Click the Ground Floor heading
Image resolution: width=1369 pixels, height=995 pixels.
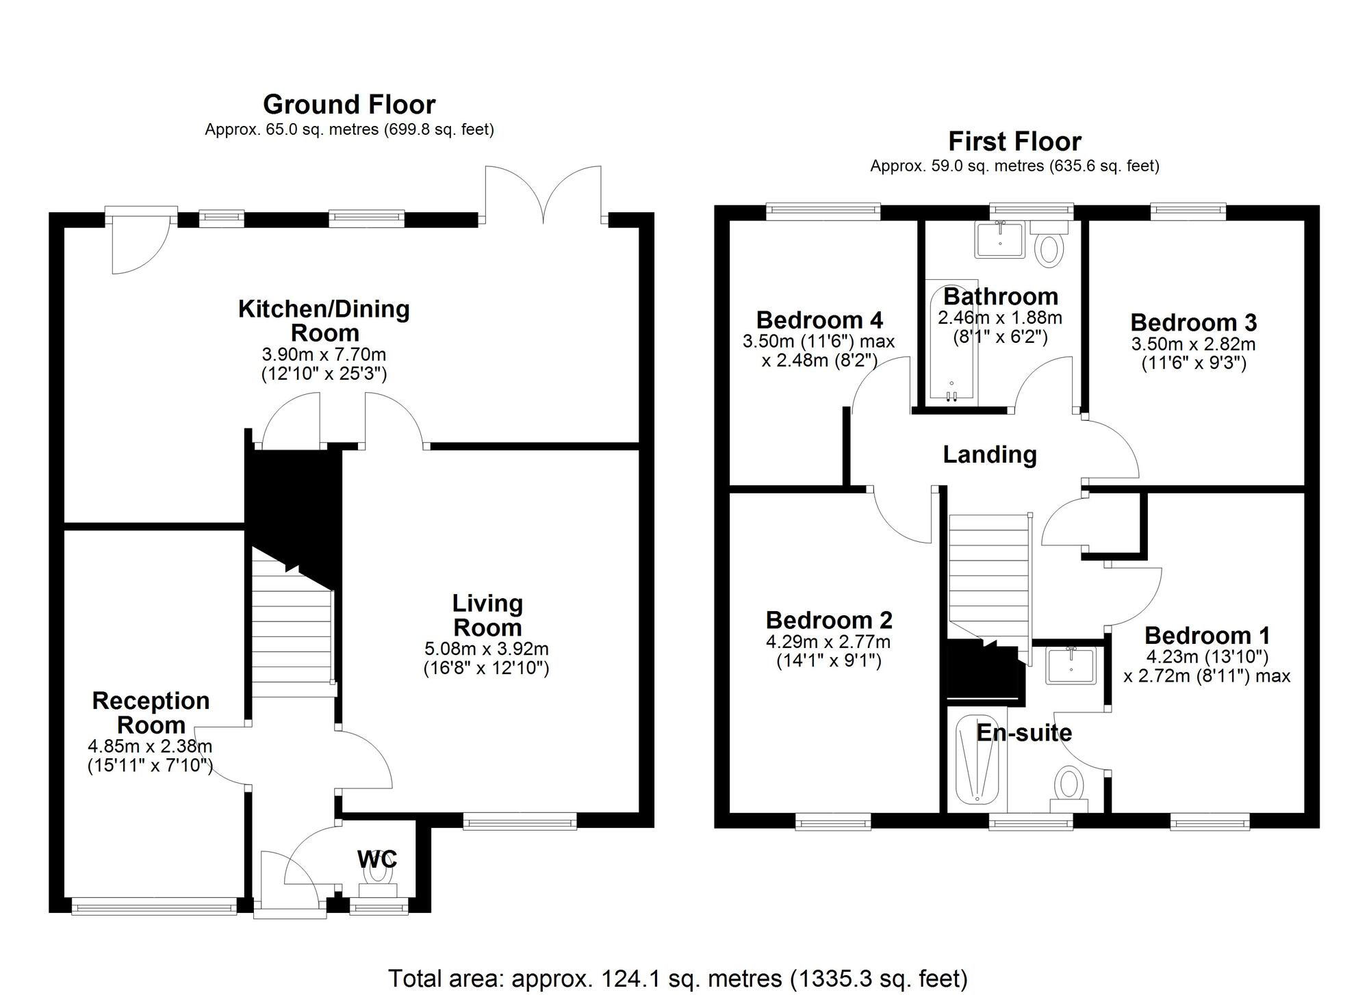[x=349, y=105]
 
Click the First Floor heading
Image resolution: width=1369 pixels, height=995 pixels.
[x=1014, y=142]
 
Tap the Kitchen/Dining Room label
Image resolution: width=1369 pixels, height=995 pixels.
[x=324, y=320]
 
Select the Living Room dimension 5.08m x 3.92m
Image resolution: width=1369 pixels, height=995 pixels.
[x=486, y=648]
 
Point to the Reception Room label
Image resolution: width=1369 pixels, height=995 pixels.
[x=151, y=712]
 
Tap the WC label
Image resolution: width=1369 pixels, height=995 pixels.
[x=377, y=859]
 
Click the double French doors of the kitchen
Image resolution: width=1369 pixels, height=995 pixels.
[x=543, y=195]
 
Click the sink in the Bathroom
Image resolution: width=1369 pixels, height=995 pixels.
[x=1000, y=240]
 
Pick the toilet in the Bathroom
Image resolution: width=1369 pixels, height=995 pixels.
[x=1049, y=244]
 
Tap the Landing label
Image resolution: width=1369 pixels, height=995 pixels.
[x=990, y=454]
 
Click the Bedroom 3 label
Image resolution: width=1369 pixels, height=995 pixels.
[x=1193, y=322]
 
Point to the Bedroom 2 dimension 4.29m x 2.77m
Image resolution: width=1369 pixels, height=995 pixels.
[x=828, y=642]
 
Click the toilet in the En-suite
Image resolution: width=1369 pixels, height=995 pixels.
[x=1069, y=786]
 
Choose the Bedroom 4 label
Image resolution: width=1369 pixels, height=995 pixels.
[x=819, y=320]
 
